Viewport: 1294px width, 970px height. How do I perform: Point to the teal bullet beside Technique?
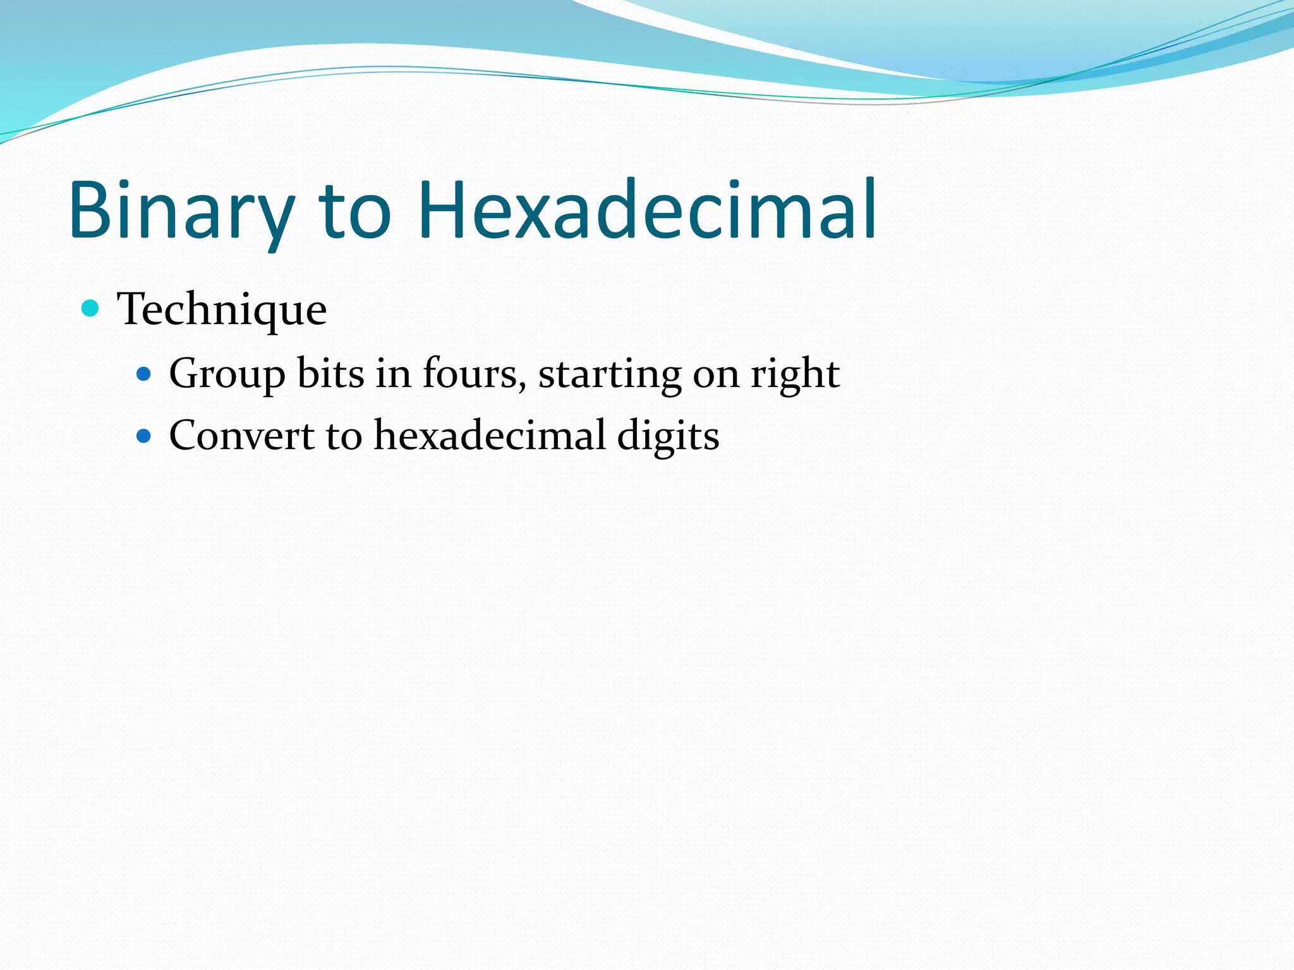point(91,309)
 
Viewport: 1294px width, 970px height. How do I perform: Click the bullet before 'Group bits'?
point(144,374)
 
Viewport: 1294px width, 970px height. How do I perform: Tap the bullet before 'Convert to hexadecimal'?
point(144,436)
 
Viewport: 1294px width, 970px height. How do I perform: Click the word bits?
point(330,374)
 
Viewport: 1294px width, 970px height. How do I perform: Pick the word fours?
point(470,374)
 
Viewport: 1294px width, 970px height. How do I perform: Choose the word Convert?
point(241,436)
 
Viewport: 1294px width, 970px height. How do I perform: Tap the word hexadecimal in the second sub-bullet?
point(490,436)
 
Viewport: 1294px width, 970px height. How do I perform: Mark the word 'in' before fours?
point(393,374)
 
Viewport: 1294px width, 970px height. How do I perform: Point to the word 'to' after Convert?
point(344,436)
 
